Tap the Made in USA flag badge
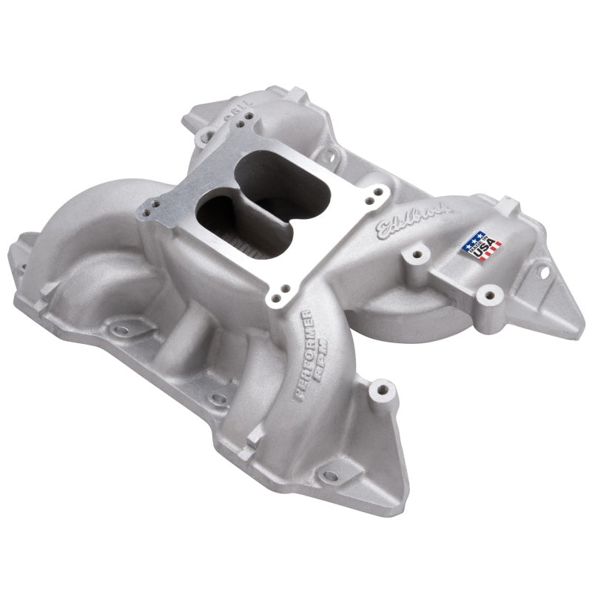[482, 246]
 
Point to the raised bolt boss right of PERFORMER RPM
[382, 388]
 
